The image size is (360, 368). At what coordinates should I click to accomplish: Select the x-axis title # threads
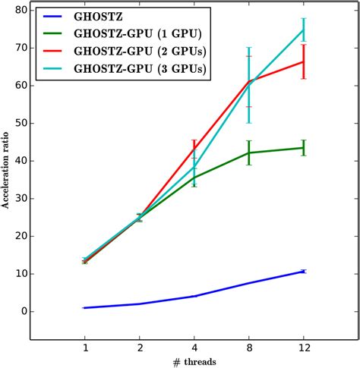pyautogui.click(x=194, y=362)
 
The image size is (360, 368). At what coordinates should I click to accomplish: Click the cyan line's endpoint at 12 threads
pyautogui.click(x=304, y=30)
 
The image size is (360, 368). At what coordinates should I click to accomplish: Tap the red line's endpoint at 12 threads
pyautogui.click(x=304, y=61)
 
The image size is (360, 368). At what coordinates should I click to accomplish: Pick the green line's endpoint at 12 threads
pyautogui.click(x=304, y=147)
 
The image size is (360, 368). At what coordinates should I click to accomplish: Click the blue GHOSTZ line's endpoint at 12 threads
pyautogui.click(x=304, y=271)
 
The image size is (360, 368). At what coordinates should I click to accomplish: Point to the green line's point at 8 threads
pyautogui.click(x=249, y=153)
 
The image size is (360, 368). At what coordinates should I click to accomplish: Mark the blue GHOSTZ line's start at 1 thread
pyautogui.click(x=84, y=307)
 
